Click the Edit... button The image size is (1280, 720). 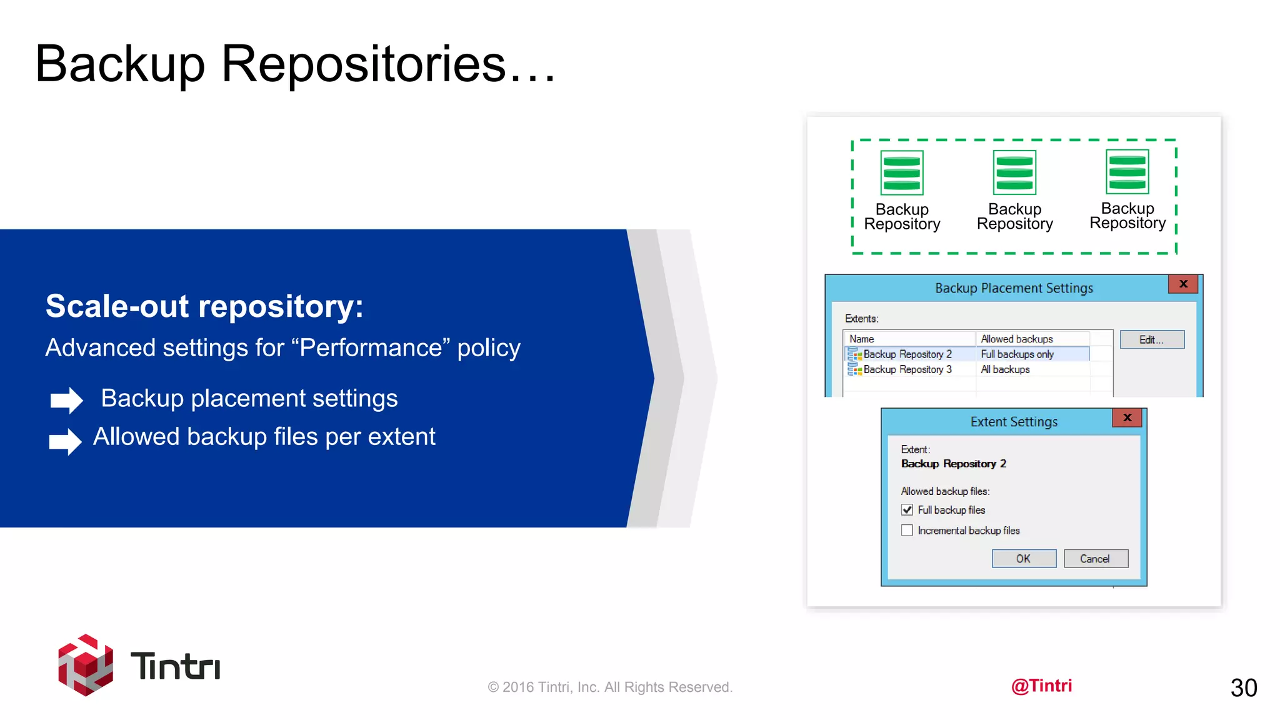point(1151,339)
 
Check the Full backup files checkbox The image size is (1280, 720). point(907,510)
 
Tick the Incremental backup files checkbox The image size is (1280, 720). point(907,531)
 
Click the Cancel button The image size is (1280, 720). point(1096,559)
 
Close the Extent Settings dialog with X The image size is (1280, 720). point(1127,417)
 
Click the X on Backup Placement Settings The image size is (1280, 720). point(1182,284)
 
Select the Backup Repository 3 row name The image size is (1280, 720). point(907,369)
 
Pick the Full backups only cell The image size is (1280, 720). point(1017,354)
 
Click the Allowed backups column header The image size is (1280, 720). point(1017,339)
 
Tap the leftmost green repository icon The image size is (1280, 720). point(901,173)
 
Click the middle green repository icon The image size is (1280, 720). point(1014,173)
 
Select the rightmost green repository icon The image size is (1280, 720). point(1127,172)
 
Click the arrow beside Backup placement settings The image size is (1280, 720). point(66,400)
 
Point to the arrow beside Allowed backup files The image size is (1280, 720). point(65,441)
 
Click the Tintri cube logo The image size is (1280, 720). point(86,665)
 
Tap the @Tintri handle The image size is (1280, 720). point(1041,686)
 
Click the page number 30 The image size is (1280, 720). point(1243,687)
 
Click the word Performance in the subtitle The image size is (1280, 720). point(371,347)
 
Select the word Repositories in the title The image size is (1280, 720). point(363,64)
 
